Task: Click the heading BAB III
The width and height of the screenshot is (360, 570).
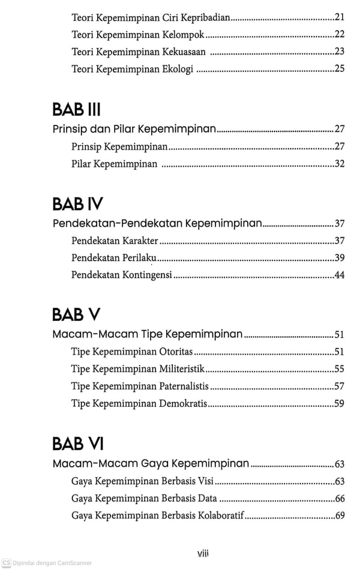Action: (x=76, y=109)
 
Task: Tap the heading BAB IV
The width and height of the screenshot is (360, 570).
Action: (x=77, y=204)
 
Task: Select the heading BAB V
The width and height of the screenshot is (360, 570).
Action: (x=76, y=314)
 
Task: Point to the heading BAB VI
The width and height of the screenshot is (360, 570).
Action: (x=78, y=443)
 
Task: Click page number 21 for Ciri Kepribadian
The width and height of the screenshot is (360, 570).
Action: (x=340, y=17)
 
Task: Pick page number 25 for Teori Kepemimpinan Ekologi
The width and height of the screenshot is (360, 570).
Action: (x=340, y=69)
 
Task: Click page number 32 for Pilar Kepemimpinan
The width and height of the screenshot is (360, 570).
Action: (x=340, y=163)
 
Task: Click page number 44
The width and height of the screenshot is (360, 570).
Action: (x=340, y=275)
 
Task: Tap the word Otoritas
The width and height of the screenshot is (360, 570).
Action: (x=177, y=352)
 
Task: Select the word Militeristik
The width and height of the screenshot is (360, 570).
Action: (x=182, y=368)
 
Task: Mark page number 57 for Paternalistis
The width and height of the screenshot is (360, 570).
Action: (x=340, y=386)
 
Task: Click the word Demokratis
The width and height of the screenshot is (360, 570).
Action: (x=184, y=403)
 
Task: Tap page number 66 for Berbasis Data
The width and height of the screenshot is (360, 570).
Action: (x=340, y=498)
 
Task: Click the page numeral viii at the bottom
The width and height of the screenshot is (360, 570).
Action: (x=203, y=553)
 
